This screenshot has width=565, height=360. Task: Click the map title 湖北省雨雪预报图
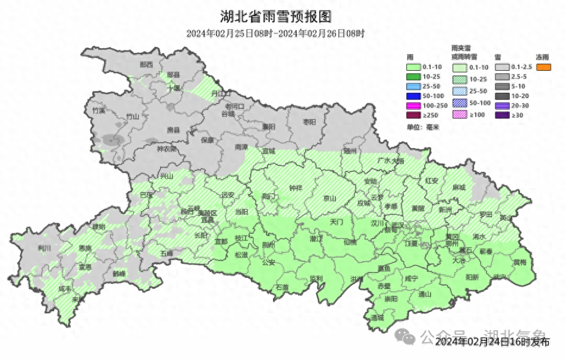tap(275, 15)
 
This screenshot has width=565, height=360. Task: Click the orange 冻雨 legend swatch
tap(543, 67)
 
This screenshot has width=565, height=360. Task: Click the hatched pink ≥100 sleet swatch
tap(460, 115)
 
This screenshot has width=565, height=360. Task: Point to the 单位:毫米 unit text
tap(422, 127)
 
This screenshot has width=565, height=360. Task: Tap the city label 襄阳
tap(269, 126)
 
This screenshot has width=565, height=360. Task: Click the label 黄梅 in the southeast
tap(520, 262)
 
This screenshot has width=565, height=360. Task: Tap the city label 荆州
tap(268, 245)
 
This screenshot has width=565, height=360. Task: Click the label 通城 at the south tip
tap(377, 318)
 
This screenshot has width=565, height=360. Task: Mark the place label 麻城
tap(459, 187)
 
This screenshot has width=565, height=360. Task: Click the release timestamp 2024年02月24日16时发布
tap(492, 342)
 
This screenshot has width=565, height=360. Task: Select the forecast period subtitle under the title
tap(275, 34)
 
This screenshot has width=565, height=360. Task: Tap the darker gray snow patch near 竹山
tap(111, 140)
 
